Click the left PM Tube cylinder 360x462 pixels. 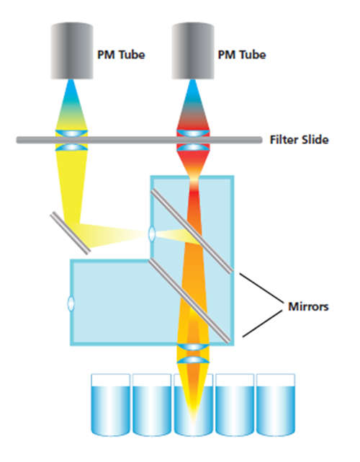tap(72, 50)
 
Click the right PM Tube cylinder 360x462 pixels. tap(193, 50)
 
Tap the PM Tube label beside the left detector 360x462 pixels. tap(121, 55)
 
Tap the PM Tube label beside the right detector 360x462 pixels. tap(242, 55)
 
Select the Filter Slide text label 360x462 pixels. tap(299, 140)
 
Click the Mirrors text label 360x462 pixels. tap(308, 306)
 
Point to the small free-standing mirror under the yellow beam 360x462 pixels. tap(70, 233)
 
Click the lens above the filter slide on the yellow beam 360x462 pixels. tap(71, 133)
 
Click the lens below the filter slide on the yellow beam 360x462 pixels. tap(71, 147)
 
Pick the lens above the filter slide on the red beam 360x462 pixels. tap(193, 133)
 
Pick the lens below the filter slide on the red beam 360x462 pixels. tap(193, 147)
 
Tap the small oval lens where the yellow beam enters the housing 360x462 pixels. tap(152, 234)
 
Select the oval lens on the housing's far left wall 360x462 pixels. tap(71, 303)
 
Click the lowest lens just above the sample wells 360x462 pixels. tap(193, 360)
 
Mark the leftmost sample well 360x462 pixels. tap(110, 404)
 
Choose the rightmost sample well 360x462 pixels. tap(276, 404)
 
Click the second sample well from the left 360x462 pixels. tap(152, 404)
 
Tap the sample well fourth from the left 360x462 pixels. tap(235, 404)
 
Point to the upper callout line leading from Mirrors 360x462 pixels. tap(261, 288)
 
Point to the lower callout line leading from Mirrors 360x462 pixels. tap(262, 324)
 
